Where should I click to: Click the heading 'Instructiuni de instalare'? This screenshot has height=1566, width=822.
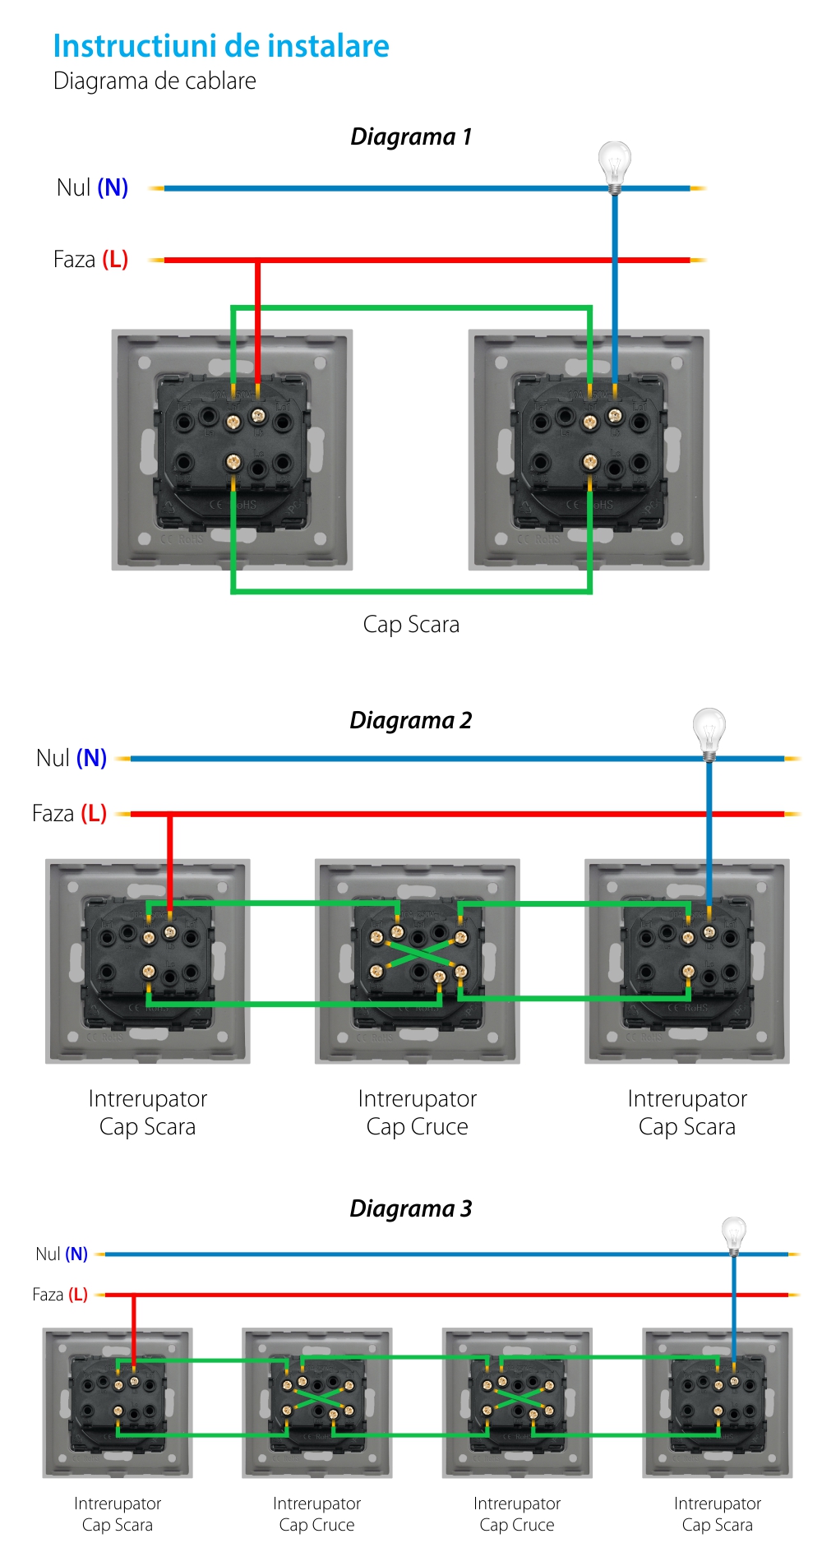click(221, 46)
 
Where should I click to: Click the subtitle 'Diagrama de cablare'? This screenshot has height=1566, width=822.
click(155, 81)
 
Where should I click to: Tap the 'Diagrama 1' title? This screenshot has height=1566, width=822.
click(411, 136)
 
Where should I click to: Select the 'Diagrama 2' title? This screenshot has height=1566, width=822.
click(411, 720)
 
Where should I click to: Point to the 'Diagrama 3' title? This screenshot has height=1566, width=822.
click(411, 1208)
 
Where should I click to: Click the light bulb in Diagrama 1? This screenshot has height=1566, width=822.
click(614, 164)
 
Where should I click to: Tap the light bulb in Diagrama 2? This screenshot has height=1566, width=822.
click(709, 731)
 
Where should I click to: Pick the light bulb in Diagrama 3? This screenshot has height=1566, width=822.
click(733, 1234)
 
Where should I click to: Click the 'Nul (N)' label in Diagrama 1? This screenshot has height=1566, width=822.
click(92, 187)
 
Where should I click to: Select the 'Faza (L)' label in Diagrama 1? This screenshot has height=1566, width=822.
click(90, 260)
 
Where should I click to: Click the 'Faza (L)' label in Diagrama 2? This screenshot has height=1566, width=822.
click(69, 814)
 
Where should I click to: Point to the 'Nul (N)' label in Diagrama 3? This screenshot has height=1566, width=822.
click(62, 1254)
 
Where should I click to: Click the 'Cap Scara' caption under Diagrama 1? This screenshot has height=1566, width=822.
click(411, 625)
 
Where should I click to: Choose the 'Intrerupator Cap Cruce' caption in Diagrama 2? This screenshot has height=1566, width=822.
click(418, 1112)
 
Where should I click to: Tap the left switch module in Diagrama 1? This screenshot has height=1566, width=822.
click(233, 450)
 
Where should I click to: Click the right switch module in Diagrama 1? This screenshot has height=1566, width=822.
click(589, 450)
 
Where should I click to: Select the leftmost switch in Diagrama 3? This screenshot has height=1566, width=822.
click(118, 1402)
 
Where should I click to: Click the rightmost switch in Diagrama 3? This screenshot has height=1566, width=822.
click(718, 1402)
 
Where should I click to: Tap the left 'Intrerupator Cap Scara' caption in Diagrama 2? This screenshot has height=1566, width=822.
click(148, 1112)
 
